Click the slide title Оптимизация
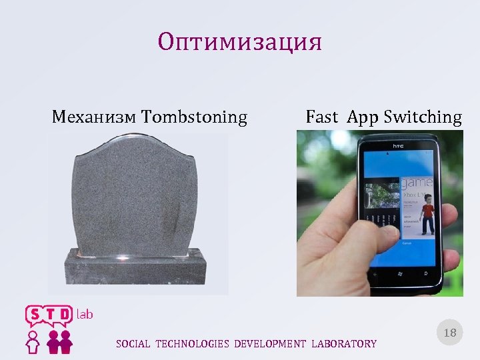click(x=240, y=43)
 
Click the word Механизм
click(x=95, y=118)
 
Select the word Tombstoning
click(x=195, y=118)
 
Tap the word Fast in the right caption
click(x=322, y=118)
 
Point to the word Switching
click(x=423, y=118)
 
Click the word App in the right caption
click(x=363, y=118)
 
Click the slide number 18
click(x=450, y=333)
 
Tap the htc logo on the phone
click(x=397, y=146)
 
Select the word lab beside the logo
click(x=85, y=314)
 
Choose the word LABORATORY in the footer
click(x=343, y=344)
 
